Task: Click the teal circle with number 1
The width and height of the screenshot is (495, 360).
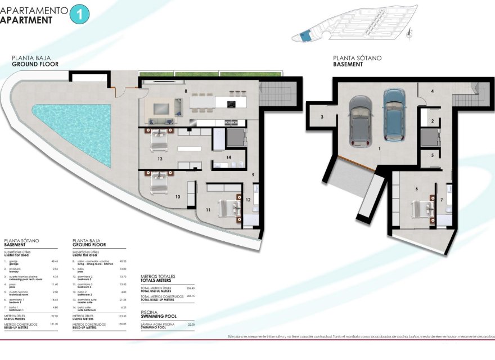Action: pos(79,14)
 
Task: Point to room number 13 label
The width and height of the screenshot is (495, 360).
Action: pos(160,159)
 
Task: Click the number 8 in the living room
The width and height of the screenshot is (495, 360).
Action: pos(185,90)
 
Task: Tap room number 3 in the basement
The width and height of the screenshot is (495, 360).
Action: pos(322,117)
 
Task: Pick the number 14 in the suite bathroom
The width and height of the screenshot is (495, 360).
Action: pos(228,157)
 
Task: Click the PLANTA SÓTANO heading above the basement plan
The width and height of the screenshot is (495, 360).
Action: pos(357,58)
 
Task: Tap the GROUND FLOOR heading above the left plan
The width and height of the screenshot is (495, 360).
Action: pos(32,64)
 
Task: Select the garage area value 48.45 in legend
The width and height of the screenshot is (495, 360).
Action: pos(55,261)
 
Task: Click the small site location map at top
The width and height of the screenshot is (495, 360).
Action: pos(352,28)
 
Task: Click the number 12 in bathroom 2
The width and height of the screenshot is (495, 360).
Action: pos(248,199)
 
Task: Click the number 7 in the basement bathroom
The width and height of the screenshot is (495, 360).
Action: pos(441,200)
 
